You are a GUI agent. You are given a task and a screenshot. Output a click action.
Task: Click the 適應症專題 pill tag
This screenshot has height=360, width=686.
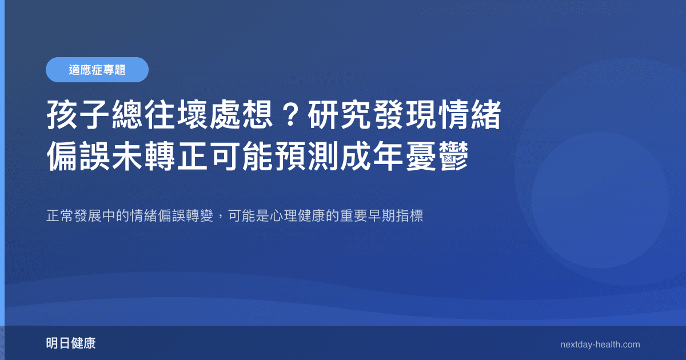click(x=97, y=70)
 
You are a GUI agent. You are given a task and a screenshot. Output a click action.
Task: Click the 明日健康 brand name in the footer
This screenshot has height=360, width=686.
click(x=70, y=343)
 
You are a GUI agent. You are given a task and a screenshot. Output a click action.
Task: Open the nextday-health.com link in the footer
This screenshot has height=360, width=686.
click(x=600, y=345)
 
